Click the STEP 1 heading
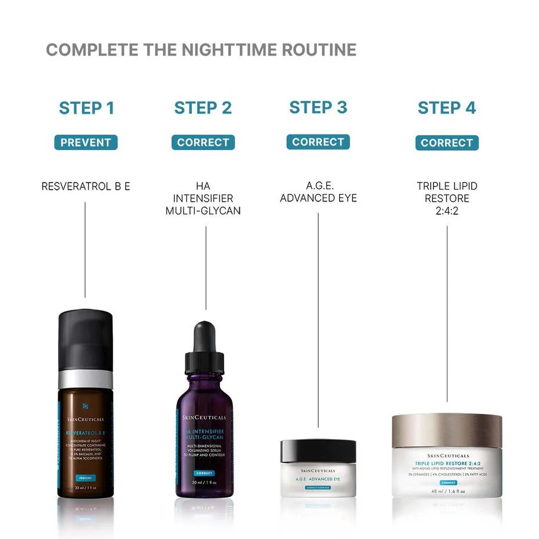coord(86,108)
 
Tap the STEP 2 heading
coord(203,108)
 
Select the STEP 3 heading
coord(318,107)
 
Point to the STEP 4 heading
coord(447,108)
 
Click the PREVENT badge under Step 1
coord(86,143)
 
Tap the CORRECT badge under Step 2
coord(203,143)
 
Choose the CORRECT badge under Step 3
coord(318,142)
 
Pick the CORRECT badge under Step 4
coord(447,143)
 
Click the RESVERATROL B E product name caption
coord(86,186)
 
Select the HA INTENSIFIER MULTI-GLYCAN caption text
coord(203,199)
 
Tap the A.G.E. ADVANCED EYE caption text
coord(318,192)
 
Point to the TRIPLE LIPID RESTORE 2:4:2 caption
coord(447,199)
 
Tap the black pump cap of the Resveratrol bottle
coord(86,339)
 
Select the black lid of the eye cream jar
coord(318,450)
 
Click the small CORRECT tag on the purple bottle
coord(204,474)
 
